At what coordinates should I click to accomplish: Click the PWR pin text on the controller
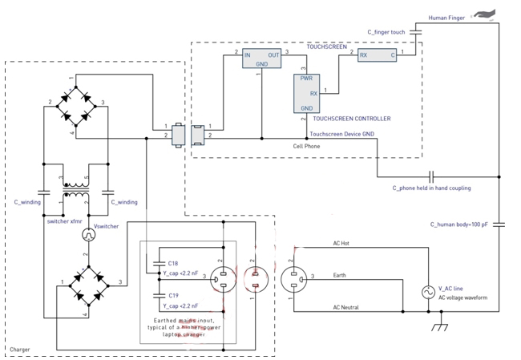click(306, 79)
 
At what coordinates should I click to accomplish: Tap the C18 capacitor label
click(173, 263)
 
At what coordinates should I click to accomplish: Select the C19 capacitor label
click(173, 296)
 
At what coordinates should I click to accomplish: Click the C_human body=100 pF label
click(458, 224)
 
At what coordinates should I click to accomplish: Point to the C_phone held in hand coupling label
click(431, 188)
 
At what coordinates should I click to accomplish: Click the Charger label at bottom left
click(19, 350)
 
